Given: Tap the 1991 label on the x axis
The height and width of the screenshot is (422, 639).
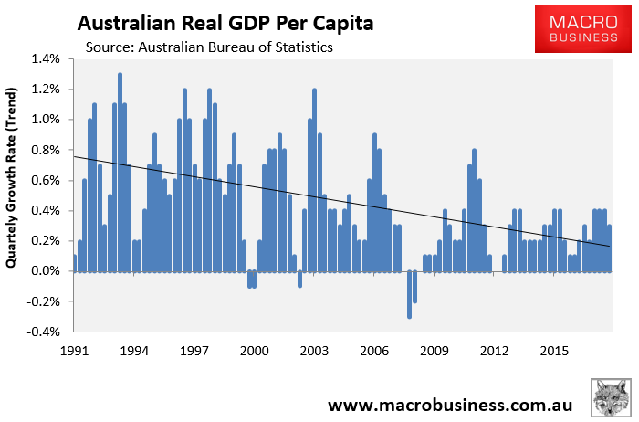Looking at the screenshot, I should click(x=74, y=350).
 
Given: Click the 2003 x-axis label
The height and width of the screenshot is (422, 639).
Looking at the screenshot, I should click(x=314, y=350).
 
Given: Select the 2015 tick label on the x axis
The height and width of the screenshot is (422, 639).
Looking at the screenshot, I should click(x=554, y=350).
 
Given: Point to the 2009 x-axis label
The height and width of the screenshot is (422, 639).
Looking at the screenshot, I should click(x=435, y=350).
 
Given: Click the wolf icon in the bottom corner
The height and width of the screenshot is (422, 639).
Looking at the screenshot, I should click(x=609, y=398).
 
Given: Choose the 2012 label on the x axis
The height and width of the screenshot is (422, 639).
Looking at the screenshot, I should click(x=494, y=350).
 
